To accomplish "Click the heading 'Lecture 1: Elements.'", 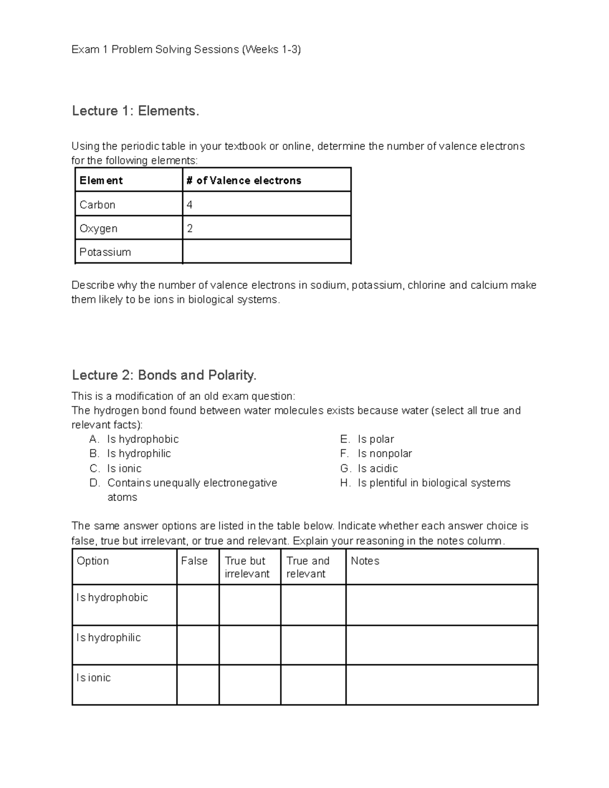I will [136, 111].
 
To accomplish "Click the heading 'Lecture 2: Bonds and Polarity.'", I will [164, 375].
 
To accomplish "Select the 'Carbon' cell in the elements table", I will [97, 204].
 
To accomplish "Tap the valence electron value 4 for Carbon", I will [190, 204].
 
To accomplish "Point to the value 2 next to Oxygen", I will [190, 228].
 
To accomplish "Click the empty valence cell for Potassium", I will [266, 252].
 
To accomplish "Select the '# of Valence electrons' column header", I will [244, 181].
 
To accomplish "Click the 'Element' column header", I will [101, 181].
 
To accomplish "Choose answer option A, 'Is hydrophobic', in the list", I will [143, 439].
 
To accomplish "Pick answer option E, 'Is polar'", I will [376, 439].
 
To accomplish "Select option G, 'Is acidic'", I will [378, 468].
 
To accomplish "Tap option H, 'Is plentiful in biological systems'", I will [434, 483].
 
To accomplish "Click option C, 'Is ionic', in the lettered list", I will [124, 468].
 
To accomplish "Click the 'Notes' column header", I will [365, 561].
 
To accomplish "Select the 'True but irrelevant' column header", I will [247, 567].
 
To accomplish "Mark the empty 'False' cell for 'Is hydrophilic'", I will [198, 645].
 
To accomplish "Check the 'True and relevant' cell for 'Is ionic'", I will [313, 685].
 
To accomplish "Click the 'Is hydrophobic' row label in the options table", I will [112, 598].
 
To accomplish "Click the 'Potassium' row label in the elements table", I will [105, 252].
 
